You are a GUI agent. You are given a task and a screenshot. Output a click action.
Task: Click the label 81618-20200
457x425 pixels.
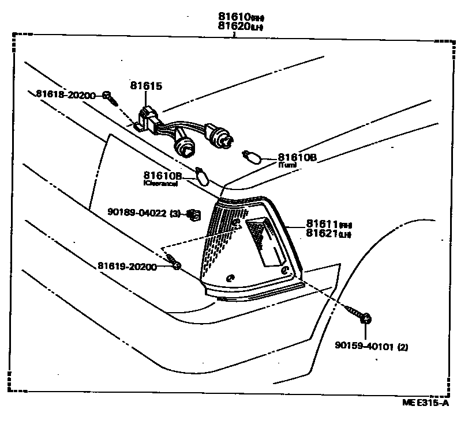[65, 94]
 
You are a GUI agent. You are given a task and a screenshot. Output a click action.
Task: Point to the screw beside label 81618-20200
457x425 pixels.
[110, 98]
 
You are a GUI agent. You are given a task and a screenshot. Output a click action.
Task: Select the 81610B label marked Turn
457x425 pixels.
[297, 157]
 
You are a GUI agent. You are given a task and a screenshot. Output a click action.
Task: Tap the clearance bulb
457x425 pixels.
[201, 174]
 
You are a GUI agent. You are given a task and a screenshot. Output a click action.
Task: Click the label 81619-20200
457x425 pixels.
[126, 266]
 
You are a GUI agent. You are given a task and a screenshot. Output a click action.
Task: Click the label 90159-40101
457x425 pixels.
[364, 347]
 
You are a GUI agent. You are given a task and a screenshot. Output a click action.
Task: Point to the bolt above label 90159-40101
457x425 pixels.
[362, 317]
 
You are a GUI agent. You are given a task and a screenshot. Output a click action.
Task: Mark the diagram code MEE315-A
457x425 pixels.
[425, 403]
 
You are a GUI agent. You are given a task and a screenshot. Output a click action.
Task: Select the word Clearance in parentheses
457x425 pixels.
[160, 183]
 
